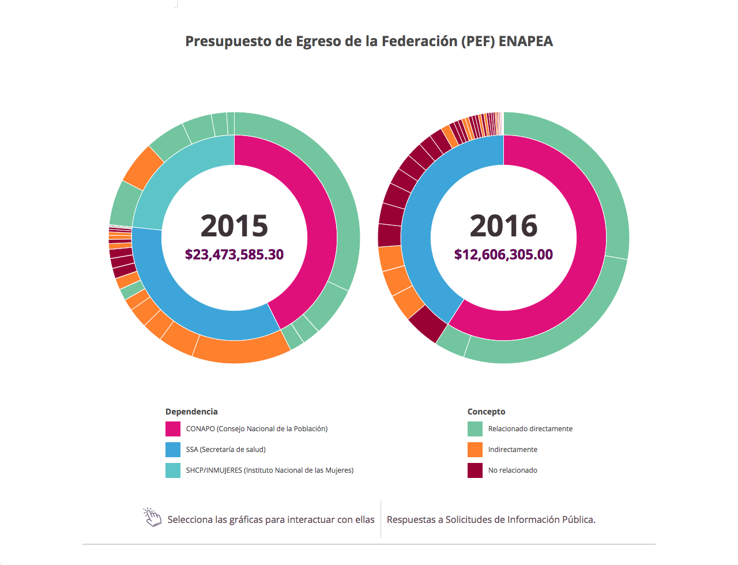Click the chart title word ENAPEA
coord(525,42)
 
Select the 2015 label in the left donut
coord(234,225)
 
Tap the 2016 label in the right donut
coord(503,225)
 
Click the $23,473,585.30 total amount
coord(234,254)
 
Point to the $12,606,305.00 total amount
coord(503,254)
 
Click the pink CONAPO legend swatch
coord(173,429)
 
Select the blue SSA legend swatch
coord(173,450)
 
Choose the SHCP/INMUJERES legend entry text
coord(269,470)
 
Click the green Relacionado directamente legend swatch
coord(475,429)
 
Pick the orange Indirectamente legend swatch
coord(475,450)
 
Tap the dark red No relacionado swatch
coord(475,470)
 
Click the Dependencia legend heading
coord(191,412)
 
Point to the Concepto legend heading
coord(486,412)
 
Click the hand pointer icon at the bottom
coord(153,517)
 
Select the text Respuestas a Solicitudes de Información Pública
coord(491,519)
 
